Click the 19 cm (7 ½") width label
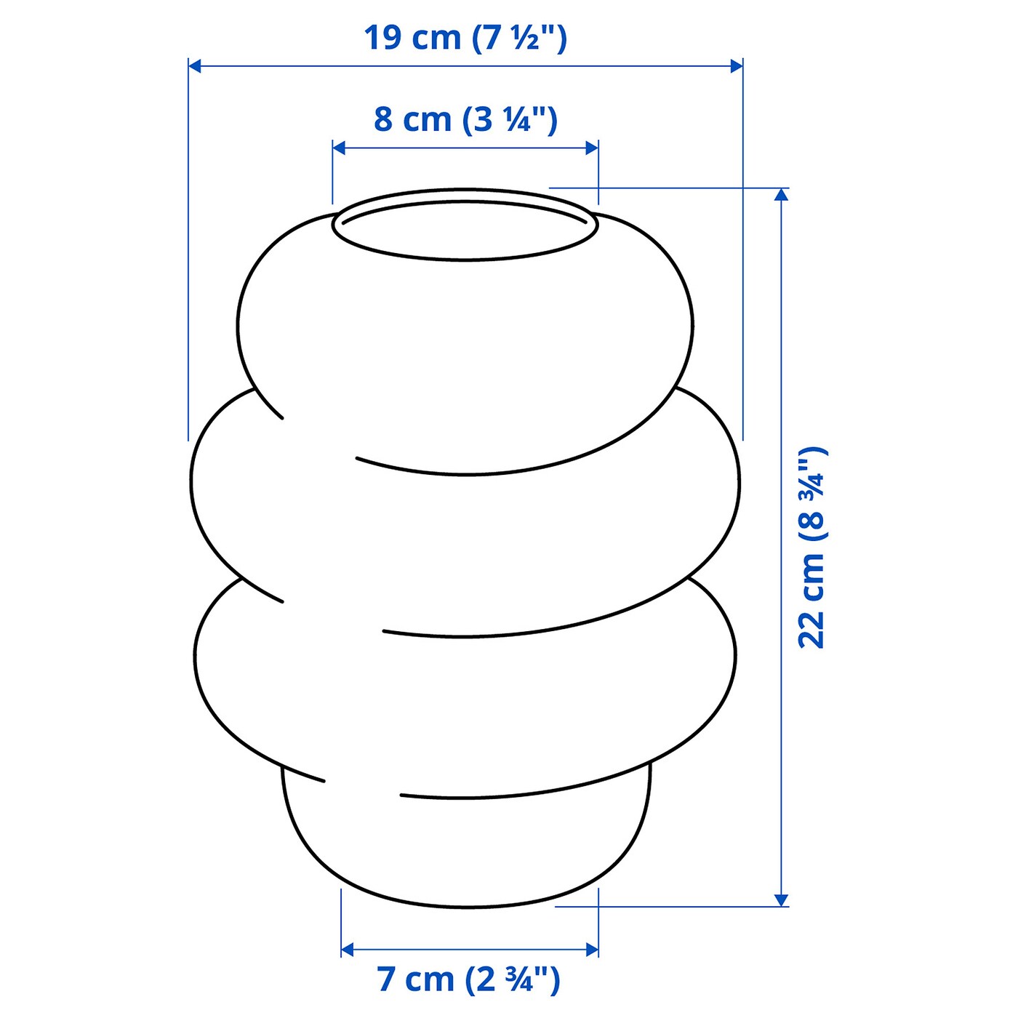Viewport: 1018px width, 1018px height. [x=465, y=38]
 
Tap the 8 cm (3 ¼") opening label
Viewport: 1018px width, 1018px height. [x=465, y=120]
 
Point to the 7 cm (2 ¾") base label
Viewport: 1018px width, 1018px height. [x=468, y=979]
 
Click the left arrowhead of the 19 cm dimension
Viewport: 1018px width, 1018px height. [x=195, y=66]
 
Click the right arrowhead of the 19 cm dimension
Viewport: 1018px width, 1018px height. [x=737, y=66]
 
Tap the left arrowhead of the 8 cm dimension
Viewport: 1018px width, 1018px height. [x=339, y=148]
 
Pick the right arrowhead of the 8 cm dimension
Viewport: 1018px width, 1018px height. [x=592, y=148]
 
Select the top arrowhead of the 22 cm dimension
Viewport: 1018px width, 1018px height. [x=782, y=194]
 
